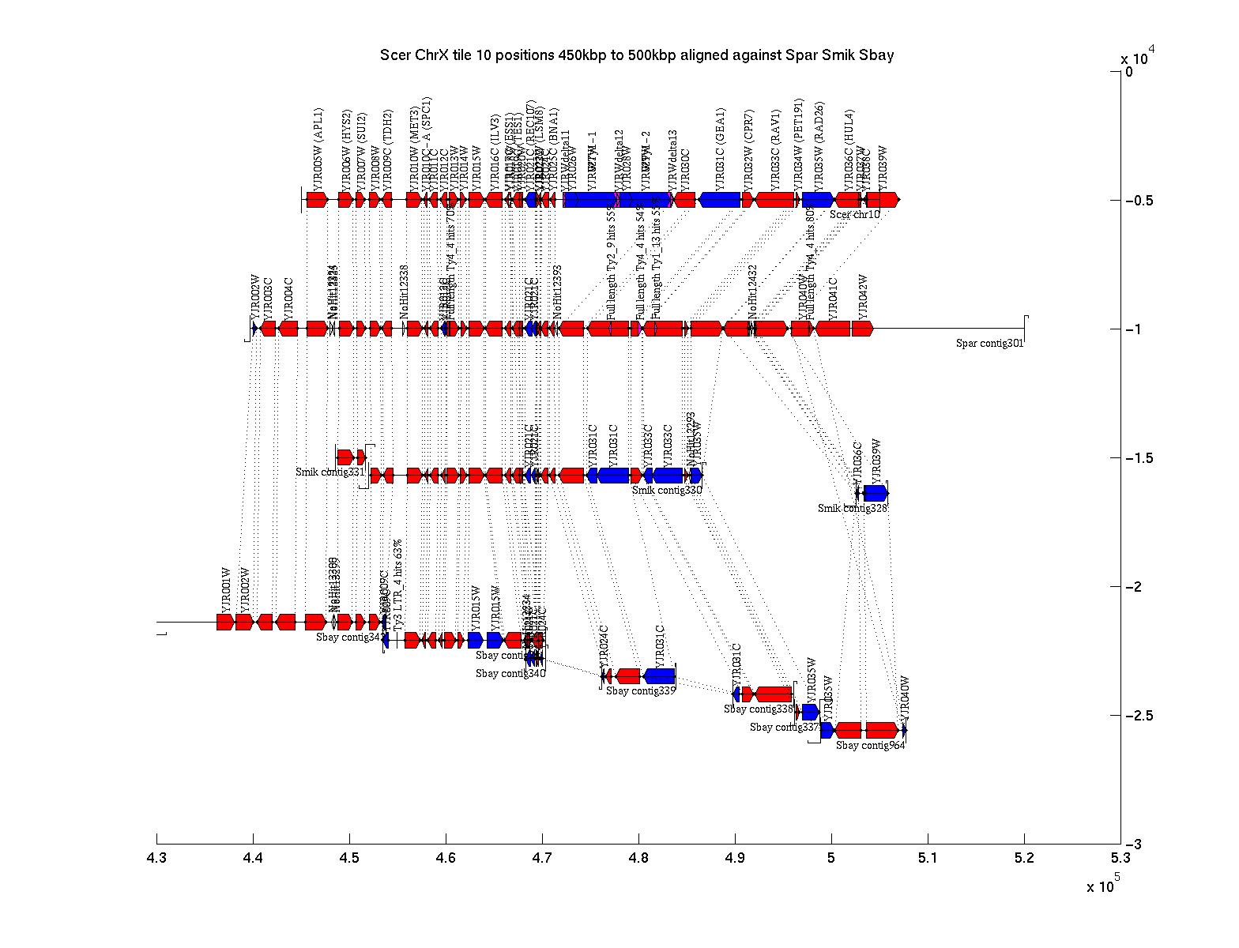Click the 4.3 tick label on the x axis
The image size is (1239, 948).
coord(156,858)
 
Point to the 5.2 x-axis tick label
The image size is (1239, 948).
coord(1024,858)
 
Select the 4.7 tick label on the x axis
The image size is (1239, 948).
coord(542,858)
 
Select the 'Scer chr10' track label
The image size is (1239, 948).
coord(854,214)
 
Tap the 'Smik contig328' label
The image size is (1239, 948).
coord(853,508)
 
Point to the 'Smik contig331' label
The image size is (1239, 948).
coord(330,472)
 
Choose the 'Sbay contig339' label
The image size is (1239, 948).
coord(641,690)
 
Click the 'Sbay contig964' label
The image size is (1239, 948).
coord(871,745)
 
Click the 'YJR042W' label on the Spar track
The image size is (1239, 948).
coord(863,295)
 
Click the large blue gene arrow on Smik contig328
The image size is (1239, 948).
coord(876,494)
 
